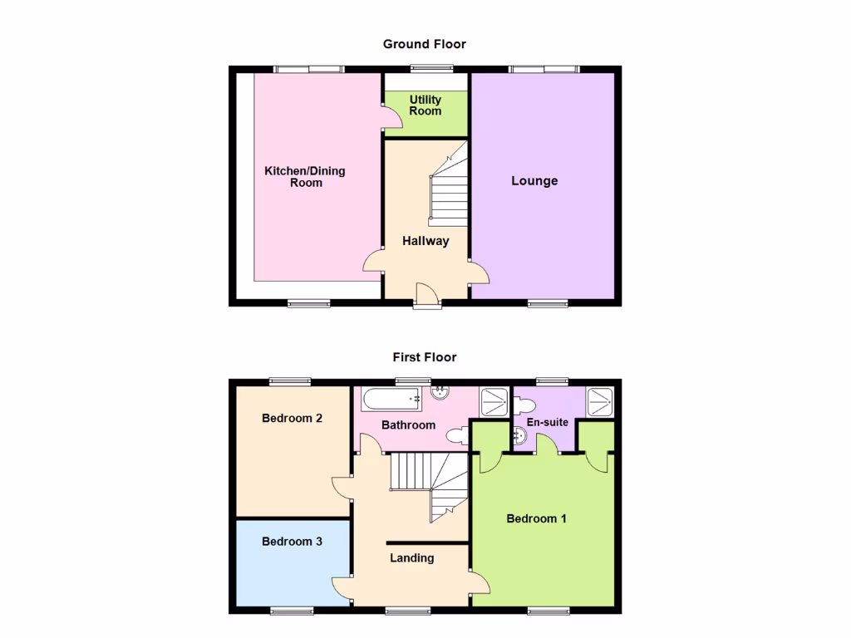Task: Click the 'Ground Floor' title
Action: (x=425, y=44)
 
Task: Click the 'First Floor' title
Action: (x=425, y=357)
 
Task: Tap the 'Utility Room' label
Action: (x=425, y=106)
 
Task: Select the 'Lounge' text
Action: (x=534, y=181)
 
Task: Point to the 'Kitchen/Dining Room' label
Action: (x=305, y=177)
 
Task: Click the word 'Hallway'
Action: (x=425, y=241)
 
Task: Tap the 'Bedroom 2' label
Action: (x=292, y=419)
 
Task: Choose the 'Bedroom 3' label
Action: (x=292, y=542)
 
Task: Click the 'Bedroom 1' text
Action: (x=537, y=518)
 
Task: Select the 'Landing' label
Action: (x=412, y=557)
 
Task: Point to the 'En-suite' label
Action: (x=548, y=423)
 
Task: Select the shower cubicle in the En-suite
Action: (x=600, y=401)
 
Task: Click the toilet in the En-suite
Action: (x=524, y=405)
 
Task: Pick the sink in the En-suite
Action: (x=519, y=435)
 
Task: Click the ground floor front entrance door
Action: (x=426, y=295)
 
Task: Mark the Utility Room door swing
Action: (x=392, y=120)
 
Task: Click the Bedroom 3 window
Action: (x=292, y=611)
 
